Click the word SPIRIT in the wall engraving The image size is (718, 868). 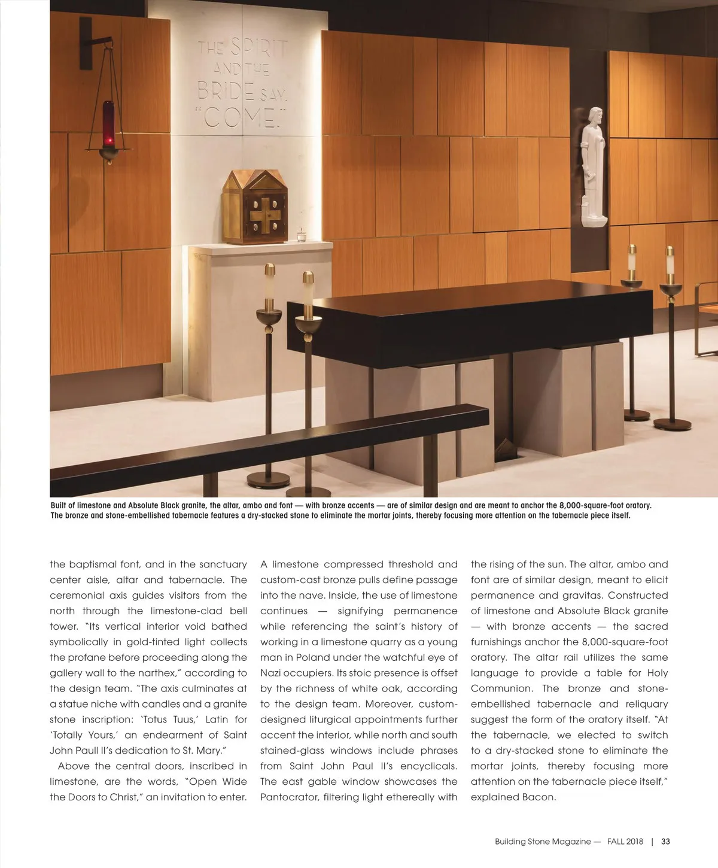coord(258,46)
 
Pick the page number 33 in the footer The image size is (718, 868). coord(665,841)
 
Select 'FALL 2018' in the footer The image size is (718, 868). coord(625,841)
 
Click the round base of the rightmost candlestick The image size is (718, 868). coord(671,424)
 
